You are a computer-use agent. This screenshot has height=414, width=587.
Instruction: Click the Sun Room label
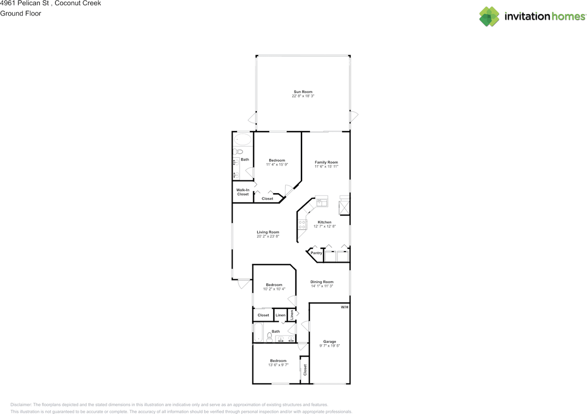(303, 92)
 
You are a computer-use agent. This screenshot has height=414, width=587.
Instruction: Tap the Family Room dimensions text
(326, 167)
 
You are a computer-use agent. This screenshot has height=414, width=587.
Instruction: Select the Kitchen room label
(325, 222)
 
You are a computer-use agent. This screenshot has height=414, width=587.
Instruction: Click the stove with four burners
(303, 224)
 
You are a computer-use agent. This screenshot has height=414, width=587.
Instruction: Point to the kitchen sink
(322, 201)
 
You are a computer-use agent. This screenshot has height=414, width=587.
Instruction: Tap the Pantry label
(316, 253)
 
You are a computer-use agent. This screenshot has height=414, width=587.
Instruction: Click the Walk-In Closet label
(243, 192)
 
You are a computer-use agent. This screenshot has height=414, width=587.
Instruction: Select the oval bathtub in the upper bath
(243, 140)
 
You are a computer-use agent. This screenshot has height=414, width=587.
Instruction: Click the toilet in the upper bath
(238, 152)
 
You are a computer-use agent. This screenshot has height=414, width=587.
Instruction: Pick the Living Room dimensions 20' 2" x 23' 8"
(268, 237)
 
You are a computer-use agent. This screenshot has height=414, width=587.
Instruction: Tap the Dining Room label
(322, 282)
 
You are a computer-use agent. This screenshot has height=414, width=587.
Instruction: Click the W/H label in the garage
(344, 307)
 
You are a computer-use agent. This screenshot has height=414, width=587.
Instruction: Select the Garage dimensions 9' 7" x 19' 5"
(330, 346)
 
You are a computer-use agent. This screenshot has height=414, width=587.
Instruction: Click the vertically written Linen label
(291, 315)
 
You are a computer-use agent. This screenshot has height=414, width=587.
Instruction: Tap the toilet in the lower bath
(269, 338)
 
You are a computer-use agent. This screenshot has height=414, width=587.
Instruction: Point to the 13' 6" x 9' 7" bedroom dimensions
(278, 365)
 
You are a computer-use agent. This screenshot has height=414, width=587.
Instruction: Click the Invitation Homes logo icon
(489, 17)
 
